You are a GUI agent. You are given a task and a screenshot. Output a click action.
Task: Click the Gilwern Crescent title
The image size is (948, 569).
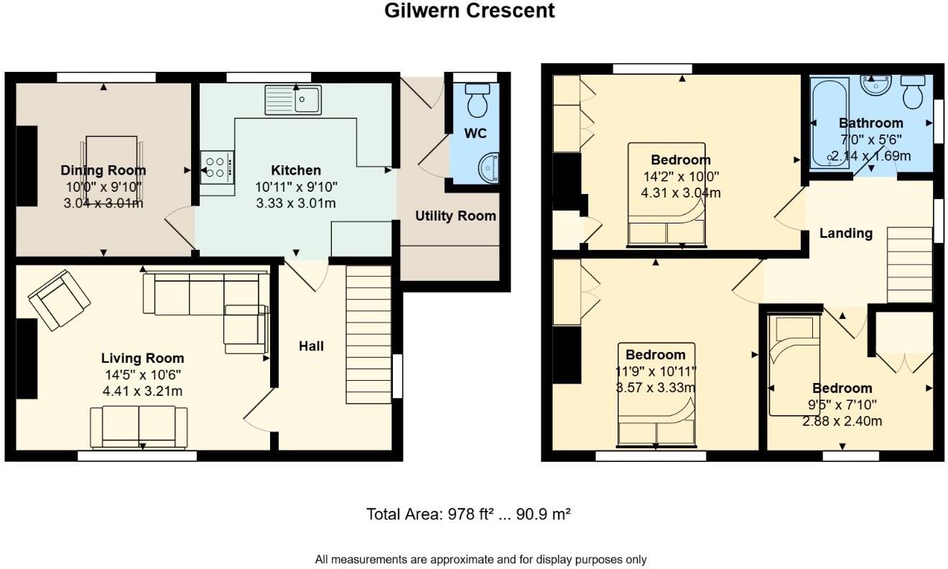470,11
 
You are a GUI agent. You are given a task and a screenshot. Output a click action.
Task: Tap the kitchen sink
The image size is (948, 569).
294,99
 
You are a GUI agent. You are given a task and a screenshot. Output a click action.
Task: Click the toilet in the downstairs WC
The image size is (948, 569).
477,101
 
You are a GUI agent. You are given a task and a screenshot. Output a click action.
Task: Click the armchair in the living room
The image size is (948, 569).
60,300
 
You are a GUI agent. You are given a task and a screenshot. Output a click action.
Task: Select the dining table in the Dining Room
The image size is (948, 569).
111,165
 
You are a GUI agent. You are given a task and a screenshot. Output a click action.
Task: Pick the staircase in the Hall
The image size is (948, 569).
369,335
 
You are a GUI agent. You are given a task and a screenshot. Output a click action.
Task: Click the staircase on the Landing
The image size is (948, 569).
910,264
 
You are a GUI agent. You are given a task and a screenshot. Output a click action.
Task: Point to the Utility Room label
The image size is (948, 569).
455,216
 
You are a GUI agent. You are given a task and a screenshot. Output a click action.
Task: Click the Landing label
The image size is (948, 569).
846,233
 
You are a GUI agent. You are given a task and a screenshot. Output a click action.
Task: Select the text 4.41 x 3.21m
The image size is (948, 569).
142,391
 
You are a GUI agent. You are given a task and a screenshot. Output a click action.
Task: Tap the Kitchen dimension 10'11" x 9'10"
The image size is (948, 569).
296,187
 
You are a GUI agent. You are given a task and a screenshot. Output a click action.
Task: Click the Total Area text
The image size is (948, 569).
468,514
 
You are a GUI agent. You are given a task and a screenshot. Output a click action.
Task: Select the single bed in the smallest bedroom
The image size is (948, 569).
794,365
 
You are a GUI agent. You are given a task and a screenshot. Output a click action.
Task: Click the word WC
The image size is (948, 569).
475,134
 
